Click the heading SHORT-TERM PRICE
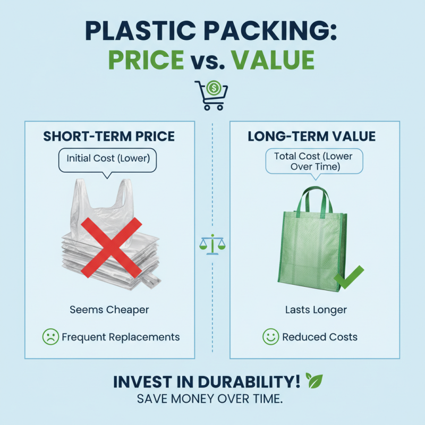(109, 137)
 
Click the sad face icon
(50, 337)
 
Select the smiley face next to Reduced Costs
(270, 337)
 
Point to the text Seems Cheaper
(109, 310)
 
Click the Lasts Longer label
(316, 310)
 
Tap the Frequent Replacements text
(121, 337)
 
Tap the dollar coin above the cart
(214, 88)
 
